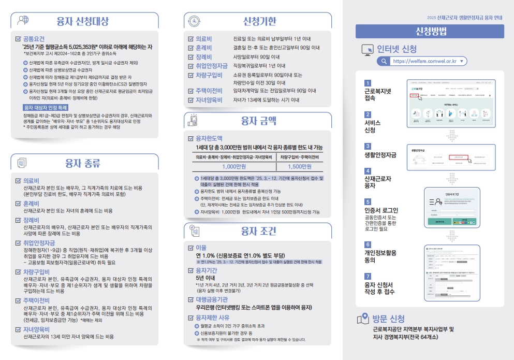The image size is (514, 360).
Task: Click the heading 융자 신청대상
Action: tap(83, 21)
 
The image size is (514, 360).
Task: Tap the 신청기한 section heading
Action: tap(259, 21)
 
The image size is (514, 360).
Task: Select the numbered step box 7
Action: tap(368, 277)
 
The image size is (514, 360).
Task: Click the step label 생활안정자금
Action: tap(380, 155)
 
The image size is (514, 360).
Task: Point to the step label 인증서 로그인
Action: tap(381, 210)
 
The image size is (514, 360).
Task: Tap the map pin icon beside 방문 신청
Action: tap(364, 318)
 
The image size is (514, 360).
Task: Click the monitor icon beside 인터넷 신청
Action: tap(367, 49)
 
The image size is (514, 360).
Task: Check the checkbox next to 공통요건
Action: tap(19, 38)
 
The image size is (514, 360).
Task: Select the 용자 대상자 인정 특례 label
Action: tap(46, 107)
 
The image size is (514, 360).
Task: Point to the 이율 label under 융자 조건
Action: tap(201, 248)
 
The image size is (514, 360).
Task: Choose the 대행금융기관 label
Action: tap(212, 299)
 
